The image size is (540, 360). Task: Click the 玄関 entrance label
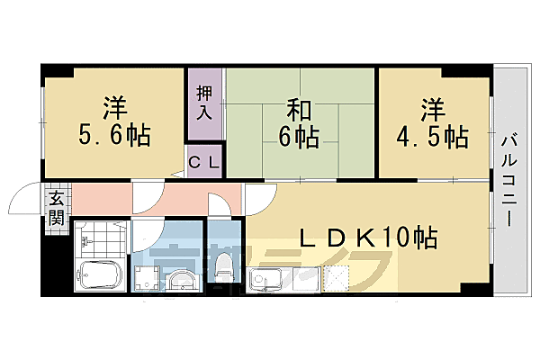click(x=56, y=209)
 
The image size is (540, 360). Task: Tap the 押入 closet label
click(x=205, y=103)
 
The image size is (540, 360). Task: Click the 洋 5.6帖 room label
click(x=113, y=124)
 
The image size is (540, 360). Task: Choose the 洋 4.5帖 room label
click(x=430, y=124)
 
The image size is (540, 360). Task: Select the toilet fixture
click(x=224, y=266)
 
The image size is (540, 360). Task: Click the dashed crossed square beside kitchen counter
click(x=326, y=281)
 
